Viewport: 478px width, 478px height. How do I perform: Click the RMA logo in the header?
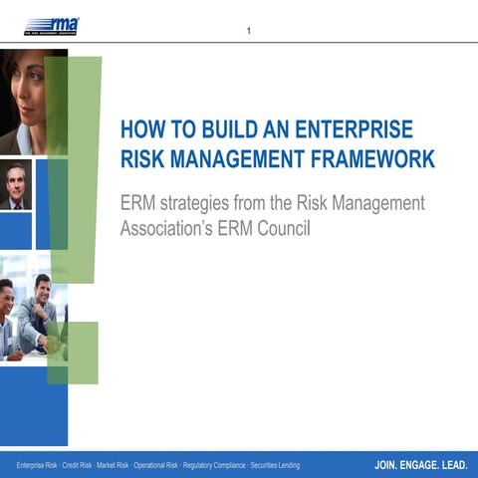coord(52,25)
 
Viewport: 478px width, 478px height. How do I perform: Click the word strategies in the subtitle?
coord(211,203)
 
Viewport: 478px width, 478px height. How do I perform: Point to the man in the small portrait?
coord(14,186)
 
